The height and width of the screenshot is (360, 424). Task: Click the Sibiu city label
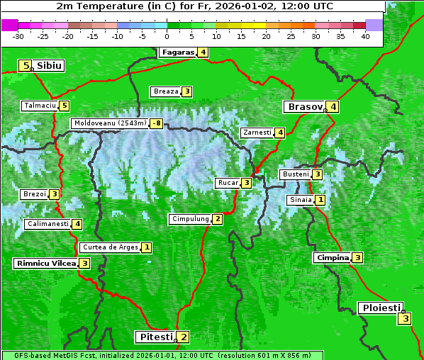50,66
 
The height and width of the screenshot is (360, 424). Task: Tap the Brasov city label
304,107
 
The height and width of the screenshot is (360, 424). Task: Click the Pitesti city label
155,337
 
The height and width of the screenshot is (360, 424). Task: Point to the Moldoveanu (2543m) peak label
110,123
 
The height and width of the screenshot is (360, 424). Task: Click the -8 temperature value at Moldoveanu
156,123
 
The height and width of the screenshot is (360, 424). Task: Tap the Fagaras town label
177,52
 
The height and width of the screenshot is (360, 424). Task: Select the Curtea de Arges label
110,247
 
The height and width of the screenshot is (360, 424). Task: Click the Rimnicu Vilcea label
45,263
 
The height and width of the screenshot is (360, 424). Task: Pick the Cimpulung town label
190,219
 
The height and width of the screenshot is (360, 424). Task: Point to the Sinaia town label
300,200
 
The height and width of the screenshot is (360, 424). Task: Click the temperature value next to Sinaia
320,200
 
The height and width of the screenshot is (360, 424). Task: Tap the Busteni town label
295,174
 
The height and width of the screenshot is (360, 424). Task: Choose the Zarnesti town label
257,133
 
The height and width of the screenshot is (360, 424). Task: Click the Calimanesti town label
48,224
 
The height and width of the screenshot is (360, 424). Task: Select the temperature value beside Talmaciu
65,106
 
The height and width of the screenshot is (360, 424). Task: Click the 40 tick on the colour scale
365,35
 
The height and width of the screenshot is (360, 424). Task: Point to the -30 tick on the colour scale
18,35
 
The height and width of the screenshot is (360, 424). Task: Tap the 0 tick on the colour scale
167,35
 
